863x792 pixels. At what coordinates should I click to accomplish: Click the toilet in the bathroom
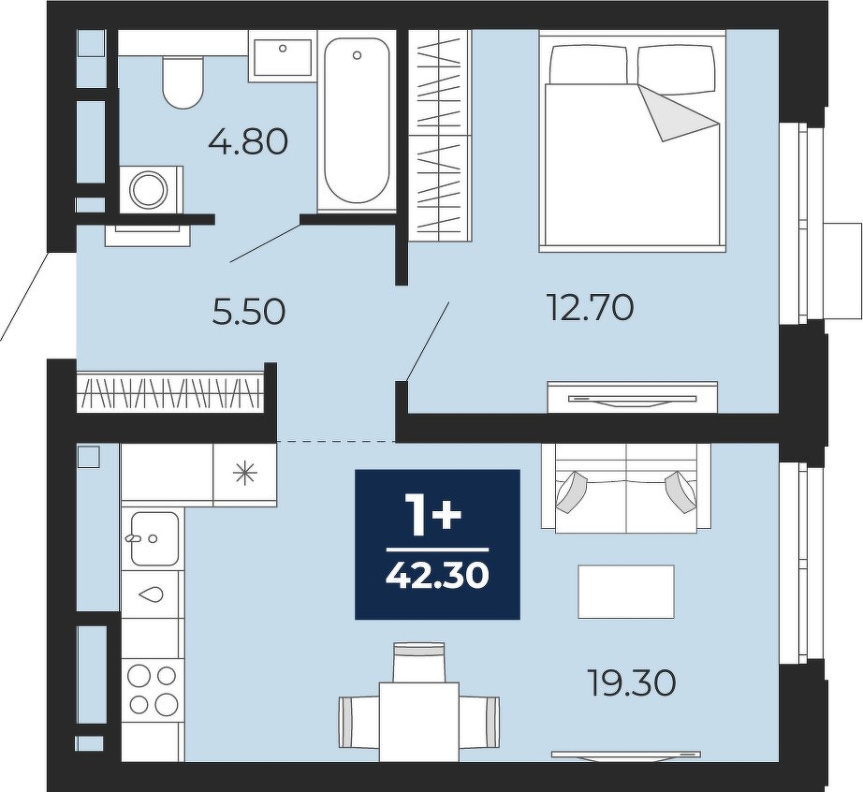pyautogui.click(x=183, y=81)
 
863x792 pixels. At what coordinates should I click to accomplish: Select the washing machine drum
pyautogui.click(x=148, y=189)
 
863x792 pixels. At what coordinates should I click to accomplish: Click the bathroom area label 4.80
pyautogui.click(x=248, y=142)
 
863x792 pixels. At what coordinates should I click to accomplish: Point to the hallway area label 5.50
pyautogui.click(x=248, y=312)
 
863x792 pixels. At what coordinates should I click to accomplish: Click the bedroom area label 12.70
pyautogui.click(x=590, y=307)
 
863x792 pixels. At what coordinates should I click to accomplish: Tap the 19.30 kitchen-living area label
pyautogui.click(x=632, y=683)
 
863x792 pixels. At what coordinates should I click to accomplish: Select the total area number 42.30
pyautogui.click(x=437, y=577)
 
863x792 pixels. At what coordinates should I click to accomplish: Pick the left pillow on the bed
pyautogui.click(x=590, y=64)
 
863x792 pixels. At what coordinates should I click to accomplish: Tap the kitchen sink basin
pyautogui.click(x=154, y=539)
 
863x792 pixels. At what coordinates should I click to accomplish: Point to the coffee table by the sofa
pyautogui.click(x=626, y=592)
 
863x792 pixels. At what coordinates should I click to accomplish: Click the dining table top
pyautogui.click(x=419, y=722)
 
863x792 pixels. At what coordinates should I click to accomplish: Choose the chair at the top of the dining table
pyautogui.click(x=419, y=662)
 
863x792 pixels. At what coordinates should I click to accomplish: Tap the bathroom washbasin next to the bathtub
pyautogui.click(x=283, y=56)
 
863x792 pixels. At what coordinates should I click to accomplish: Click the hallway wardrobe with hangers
pyautogui.click(x=171, y=391)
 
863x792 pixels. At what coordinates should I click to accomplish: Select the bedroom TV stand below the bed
pyautogui.click(x=633, y=397)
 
